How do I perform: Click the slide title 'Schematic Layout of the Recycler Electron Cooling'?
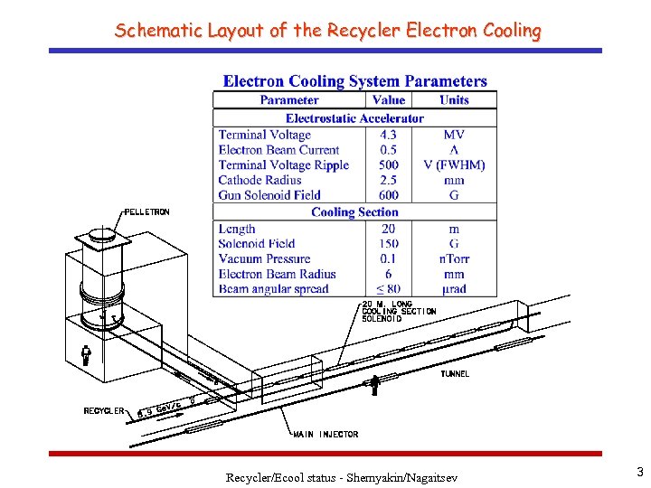[327, 30]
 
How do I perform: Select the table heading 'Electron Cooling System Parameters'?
[354, 81]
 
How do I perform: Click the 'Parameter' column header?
[288, 100]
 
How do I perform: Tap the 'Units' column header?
[454, 100]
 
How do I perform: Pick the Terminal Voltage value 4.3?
[389, 135]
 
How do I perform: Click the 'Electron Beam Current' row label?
[278, 150]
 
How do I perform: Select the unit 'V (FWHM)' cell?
[454, 165]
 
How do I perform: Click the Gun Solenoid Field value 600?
[389, 195]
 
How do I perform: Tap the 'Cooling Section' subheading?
[354, 211]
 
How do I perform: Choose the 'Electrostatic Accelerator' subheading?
[354, 118]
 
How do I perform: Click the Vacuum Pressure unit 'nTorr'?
[454, 258]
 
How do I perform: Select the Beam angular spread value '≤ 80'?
[389, 289]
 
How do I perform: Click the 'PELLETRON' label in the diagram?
[146, 211]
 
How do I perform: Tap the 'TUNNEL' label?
[455, 373]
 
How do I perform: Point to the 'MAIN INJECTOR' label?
[325, 434]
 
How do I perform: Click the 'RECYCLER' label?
[104, 410]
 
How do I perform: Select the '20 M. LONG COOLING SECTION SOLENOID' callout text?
[398, 312]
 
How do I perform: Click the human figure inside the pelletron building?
[86, 354]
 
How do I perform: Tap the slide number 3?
[639, 472]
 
